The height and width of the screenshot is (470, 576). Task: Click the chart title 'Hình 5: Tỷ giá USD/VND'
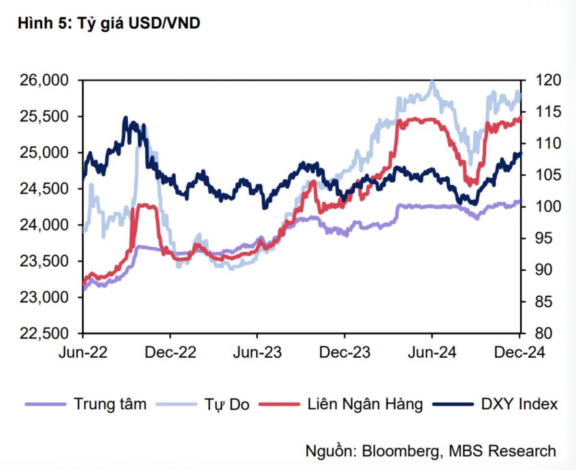click(x=109, y=24)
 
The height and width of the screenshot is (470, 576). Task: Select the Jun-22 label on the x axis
click(x=83, y=352)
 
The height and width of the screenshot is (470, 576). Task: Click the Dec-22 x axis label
click(x=170, y=352)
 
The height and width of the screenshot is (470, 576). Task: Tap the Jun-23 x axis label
click(x=257, y=352)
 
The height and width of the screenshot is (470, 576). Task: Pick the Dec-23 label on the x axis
click(x=345, y=352)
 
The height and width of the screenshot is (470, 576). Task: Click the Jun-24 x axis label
click(x=432, y=352)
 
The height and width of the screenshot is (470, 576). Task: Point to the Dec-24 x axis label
click(x=519, y=352)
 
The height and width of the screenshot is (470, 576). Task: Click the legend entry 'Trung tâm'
click(x=109, y=404)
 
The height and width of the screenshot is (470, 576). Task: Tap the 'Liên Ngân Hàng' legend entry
click(x=365, y=404)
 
